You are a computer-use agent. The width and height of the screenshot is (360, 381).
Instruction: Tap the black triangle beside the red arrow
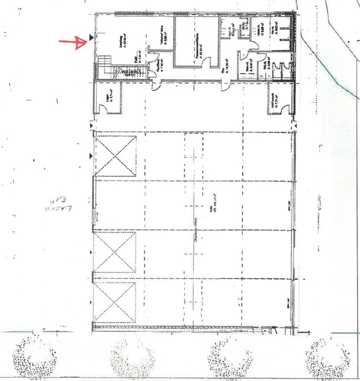91,38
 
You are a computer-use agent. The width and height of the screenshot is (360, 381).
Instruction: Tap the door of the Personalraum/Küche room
224,84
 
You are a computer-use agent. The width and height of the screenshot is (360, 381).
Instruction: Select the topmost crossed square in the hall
115,156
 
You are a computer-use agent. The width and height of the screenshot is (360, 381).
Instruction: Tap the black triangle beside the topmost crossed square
91,156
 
